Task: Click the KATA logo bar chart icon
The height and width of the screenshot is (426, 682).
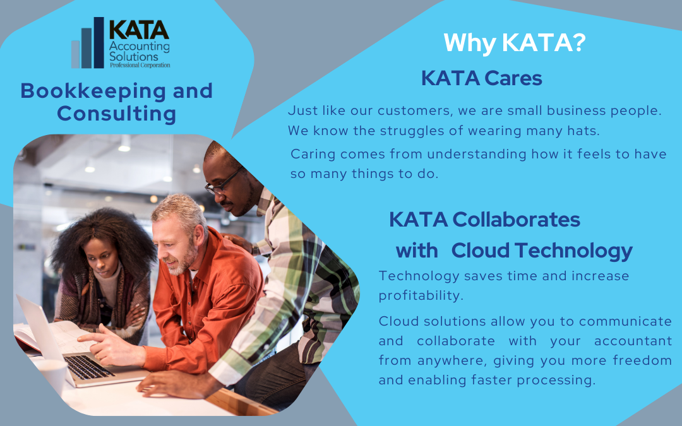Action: pyautogui.click(x=88, y=43)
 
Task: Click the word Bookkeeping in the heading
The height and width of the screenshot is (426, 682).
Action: pyautogui.click(x=93, y=91)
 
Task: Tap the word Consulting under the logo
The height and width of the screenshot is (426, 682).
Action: pyautogui.click(x=117, y=114)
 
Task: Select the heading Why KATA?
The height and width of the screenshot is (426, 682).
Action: pyautogui.click(x=515, y=43)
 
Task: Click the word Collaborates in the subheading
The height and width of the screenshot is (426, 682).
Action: pyautogui.click(x=516, y=220)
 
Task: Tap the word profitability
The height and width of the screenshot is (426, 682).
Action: pyautogui.click(x=421, y=296)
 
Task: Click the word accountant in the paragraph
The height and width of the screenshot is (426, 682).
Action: pyautogui.click(x=633, y=341)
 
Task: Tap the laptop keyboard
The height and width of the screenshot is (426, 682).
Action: pyautogui.click(x=88, y=367)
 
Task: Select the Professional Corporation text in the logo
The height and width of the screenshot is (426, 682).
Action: pyautogui.click(x=140, y=65)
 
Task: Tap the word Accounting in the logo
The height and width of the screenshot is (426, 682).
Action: pyautogui.click(x=139, y=47)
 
